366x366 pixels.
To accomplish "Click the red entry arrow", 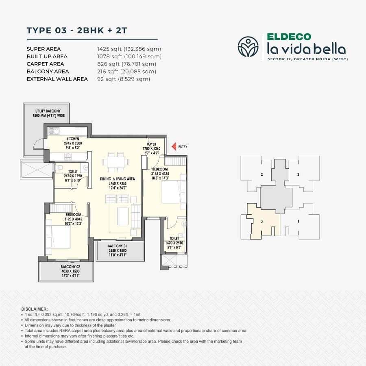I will [173, 146].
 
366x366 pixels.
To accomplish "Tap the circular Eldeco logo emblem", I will [248, 46].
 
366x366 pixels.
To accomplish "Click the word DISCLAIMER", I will [34, 309].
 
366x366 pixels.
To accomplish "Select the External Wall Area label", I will [57, 79].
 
